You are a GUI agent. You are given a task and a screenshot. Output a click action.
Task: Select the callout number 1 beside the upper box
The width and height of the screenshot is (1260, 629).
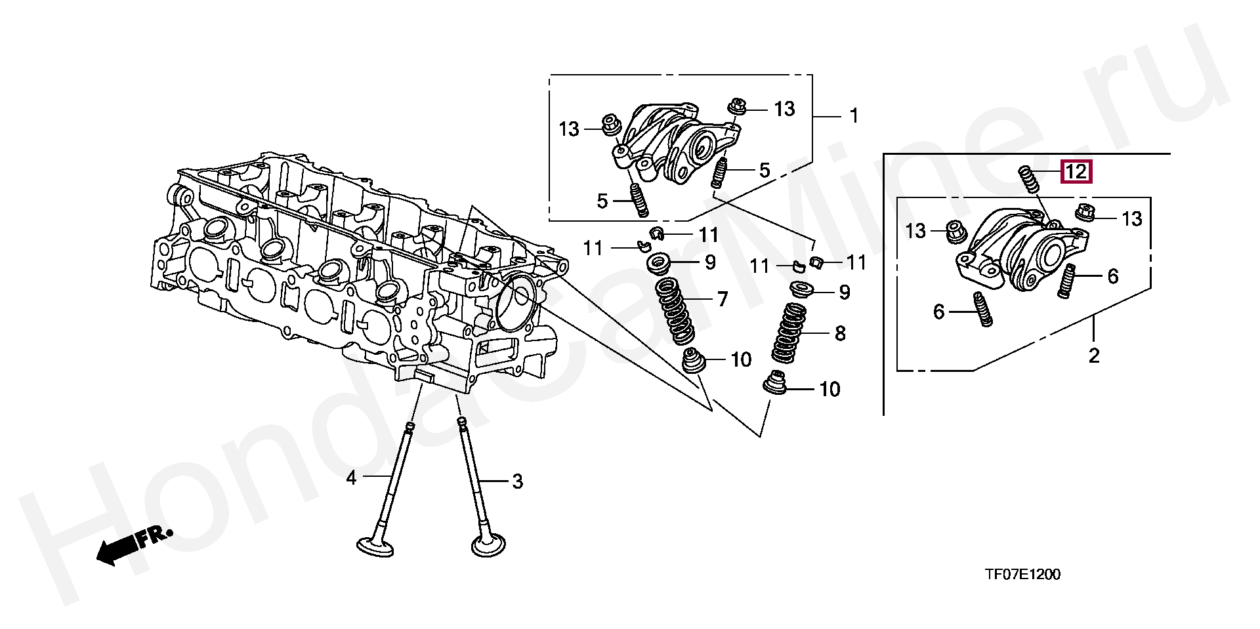(x=854, y=116)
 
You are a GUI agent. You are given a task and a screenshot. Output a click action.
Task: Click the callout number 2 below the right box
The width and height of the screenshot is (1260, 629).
(x=1093, y=356)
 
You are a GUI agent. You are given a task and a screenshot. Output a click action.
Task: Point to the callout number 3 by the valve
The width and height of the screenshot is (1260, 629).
(x=517, y=482)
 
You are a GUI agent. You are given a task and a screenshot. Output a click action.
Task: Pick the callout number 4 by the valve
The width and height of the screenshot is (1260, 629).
(x=351, y=478)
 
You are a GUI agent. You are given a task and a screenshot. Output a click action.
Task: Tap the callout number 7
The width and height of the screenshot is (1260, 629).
(x=722, y=300)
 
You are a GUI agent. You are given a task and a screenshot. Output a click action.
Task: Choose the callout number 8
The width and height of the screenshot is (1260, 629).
(x=840, y=334)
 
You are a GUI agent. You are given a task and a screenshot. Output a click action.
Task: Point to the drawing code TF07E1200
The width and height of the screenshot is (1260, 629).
(x=1022, y=575)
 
